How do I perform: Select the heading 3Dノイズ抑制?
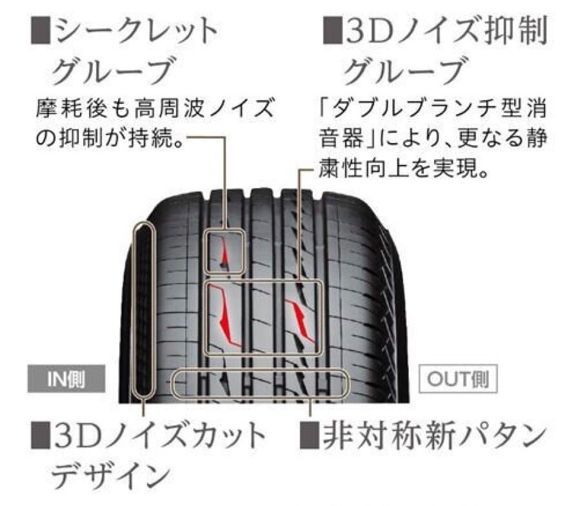(446, 31)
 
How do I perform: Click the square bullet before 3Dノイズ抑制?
(333, 30)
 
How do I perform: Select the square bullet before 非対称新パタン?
(311, 436)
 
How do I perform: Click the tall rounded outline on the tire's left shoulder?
(143, 309)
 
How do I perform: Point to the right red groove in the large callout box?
(301, 320)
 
